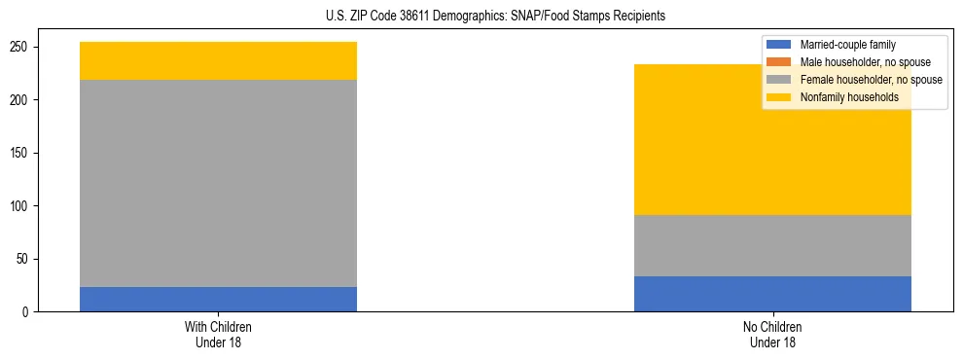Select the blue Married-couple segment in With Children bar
(x=218, y=299)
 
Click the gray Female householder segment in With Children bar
(x=218, y=183)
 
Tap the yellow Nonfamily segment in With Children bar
(x=218, y=60)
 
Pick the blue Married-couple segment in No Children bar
(x=772, y=294)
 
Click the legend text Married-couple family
(x=847, y=45)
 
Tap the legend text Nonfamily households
(x=842, y=97)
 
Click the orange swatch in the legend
(x=779, y=62)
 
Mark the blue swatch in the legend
(x=779, y=45)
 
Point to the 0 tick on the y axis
(x=29, y=312)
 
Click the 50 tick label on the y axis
(x=26, y=259)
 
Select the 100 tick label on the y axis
(x=23, y=206)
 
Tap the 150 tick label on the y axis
(x=23, y=153)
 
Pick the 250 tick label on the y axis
(x=23, y=47)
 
